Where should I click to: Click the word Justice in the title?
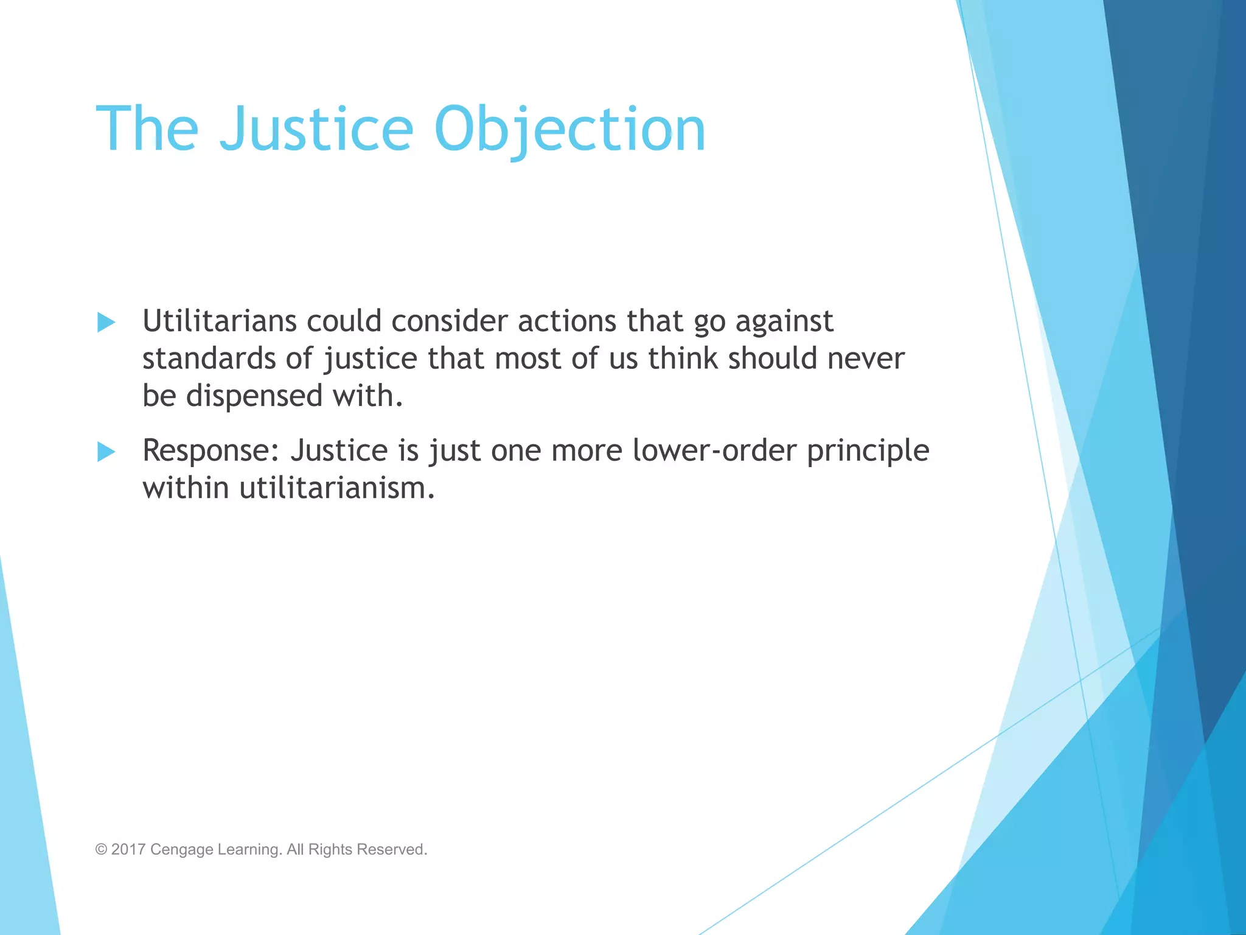[316, 129]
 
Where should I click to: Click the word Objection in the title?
[569, 129]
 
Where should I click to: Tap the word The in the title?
[147, 129]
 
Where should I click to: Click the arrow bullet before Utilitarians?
[106, 322]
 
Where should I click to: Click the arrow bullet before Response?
[106, 452]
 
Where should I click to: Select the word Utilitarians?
[219, 321]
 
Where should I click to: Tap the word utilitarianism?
[337, 488]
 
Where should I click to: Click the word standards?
[209, 359]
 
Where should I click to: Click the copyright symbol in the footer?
[101, 850]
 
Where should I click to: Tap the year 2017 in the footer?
[128, 850]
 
